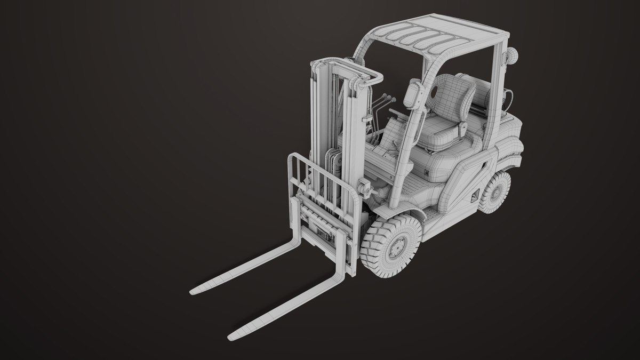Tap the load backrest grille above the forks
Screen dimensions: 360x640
click(x=320, y=181)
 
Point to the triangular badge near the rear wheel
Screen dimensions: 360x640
click(x=473, y=198)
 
